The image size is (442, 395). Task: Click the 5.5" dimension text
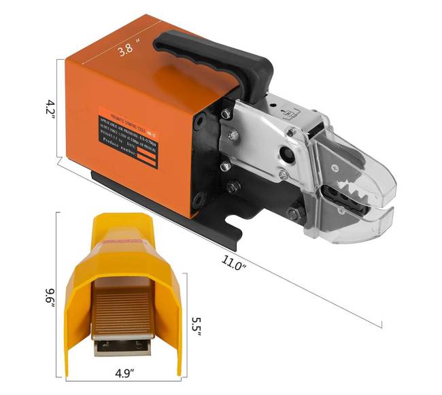[x=194, y=319]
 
